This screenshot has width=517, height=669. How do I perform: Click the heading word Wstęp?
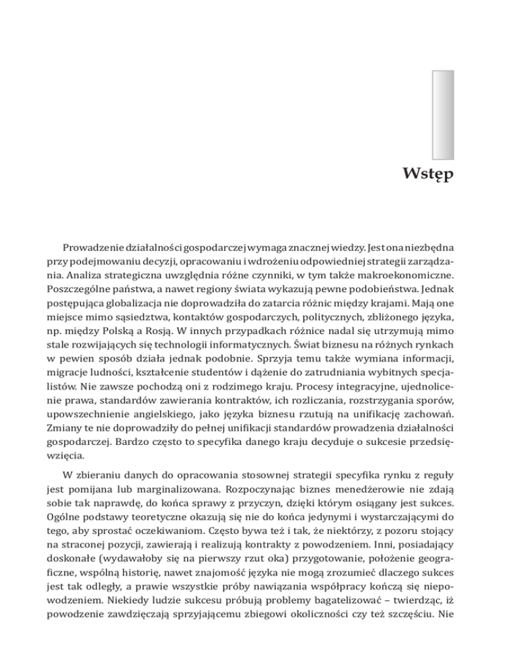(x=428, y=176)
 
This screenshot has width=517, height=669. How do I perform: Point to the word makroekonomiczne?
(x=407, y=275)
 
